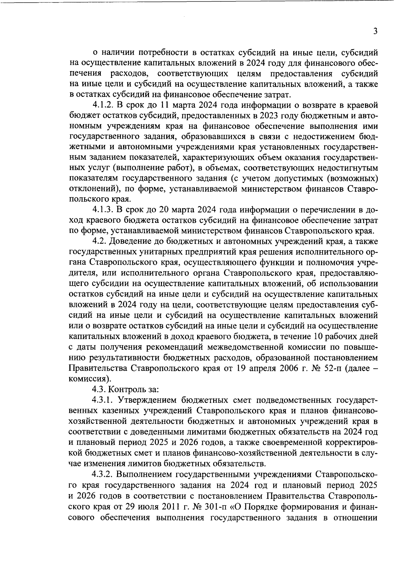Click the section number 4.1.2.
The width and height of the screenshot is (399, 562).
tap(103, 105)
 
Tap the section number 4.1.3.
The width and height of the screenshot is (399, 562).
tap(103, 210)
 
